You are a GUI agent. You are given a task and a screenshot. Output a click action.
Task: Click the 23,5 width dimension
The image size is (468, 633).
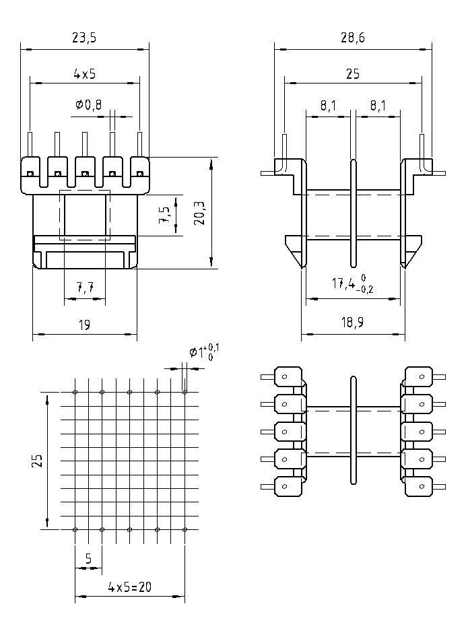click(x=84, y=38)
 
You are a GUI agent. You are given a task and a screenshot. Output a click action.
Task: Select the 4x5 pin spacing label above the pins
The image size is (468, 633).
click(x=84, y=73)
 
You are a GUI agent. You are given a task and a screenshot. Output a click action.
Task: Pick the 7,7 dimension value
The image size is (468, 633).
click(x=85, y=288)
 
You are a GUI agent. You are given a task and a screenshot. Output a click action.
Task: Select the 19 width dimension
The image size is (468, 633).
click(x=84, y=325)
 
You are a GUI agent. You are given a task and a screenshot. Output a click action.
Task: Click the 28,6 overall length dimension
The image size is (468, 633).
click(x=352, y=38)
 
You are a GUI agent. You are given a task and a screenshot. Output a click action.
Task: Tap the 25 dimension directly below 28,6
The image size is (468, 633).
click(x=352, y=74)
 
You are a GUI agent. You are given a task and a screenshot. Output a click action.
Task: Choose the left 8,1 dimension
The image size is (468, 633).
click(x=328, y=106)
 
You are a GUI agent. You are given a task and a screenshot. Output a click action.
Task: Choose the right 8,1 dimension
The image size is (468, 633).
click(x=378, y=106)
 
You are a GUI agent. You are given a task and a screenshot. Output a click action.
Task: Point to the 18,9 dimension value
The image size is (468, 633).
click(x=352, y=323)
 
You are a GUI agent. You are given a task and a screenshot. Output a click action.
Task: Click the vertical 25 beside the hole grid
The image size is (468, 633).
click(x=38, y=461)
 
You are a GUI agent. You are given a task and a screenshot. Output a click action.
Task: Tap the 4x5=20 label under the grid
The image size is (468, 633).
click(x=129, y=587)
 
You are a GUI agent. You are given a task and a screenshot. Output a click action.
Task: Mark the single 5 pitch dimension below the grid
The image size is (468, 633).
click(x=88, y=558)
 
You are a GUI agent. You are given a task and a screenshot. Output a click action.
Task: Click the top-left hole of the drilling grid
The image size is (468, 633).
click(x=75, y=392)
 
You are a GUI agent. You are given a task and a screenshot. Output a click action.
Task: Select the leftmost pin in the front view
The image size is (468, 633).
click(x=30, y=145)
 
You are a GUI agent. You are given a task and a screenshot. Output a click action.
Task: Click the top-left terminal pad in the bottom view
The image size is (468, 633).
click(x=288, y=377)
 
